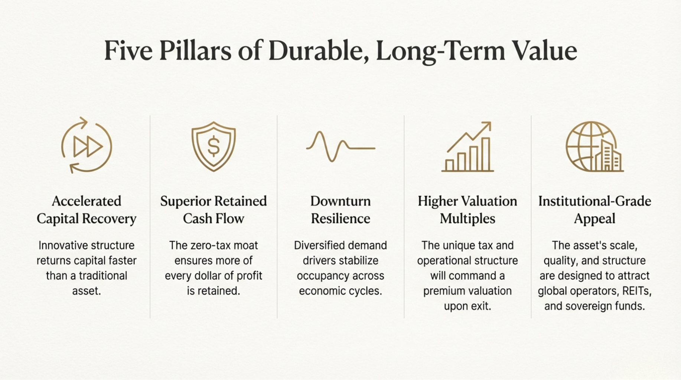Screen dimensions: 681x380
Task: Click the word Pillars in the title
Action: point(195,51)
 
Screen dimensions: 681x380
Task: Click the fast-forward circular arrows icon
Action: point(87,145)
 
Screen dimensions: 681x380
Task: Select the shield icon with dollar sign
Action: point(214,146)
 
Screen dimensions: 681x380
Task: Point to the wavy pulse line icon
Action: point(340,147)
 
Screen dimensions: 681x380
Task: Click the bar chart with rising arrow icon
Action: point(467,147)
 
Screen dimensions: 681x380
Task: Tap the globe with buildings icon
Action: point(594,147)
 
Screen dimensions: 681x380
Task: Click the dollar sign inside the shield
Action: point(214,146)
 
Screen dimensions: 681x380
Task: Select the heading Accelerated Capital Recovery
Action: point(87,210)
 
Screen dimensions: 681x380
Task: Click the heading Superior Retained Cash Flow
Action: point(214,210)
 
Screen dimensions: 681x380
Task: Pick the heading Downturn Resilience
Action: point(340,210)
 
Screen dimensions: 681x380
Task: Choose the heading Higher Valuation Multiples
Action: point(467,210)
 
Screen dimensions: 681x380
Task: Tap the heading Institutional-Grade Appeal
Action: point(594,210)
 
